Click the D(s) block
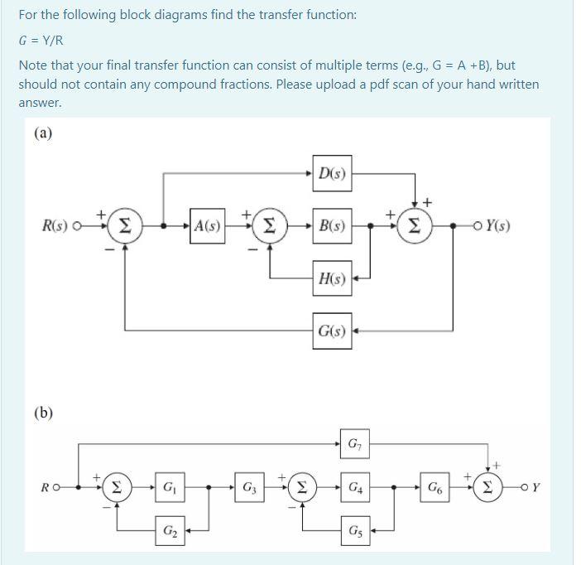[x=332, y=174]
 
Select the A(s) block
[x=206, y=225]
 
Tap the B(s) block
[x=332, y=225]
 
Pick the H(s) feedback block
[x=332, y=278]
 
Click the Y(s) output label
[x=498, y=225]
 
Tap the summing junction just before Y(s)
[x=413, y=225]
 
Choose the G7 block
[x=355, y=445]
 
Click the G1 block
[x=169, y=487]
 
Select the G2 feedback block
[x=169, y=529]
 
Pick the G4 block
[x=355, y=487]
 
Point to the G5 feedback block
[x=355, y=529]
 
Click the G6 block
[x=434, y=487]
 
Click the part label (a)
[x=44, y=133]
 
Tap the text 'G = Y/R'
[x=41, y=40]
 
